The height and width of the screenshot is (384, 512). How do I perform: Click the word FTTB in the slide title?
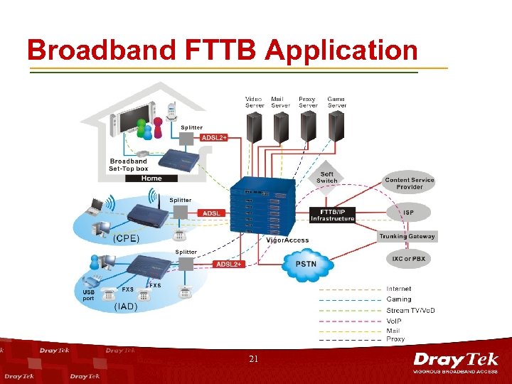[216, 50]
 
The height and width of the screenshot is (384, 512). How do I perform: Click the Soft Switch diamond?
[327, 177]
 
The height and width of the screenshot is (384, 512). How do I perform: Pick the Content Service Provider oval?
[409, 183]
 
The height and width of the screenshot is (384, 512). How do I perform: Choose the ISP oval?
[408, 212]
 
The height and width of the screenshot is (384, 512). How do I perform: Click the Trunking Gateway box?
[407, 236]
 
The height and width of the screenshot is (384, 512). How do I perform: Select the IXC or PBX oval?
[408, 259]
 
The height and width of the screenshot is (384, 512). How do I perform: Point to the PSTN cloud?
[306, 264]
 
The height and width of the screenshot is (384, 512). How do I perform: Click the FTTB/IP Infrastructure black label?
[332, 215]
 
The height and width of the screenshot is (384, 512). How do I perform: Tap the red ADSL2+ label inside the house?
[214, 138]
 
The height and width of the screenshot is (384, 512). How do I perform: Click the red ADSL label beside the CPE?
[212, 213]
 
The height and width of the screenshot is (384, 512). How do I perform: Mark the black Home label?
[151, 178]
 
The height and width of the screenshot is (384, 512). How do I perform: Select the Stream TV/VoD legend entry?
[410, 310]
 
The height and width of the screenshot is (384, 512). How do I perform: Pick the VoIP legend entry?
[395, 321]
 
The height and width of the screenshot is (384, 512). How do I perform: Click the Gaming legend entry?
[398, 299]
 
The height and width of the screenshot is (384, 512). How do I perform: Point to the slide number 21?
[254, 360]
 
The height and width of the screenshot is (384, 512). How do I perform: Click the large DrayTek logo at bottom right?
[456, 362]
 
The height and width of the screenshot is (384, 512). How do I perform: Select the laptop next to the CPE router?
[95, 208]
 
